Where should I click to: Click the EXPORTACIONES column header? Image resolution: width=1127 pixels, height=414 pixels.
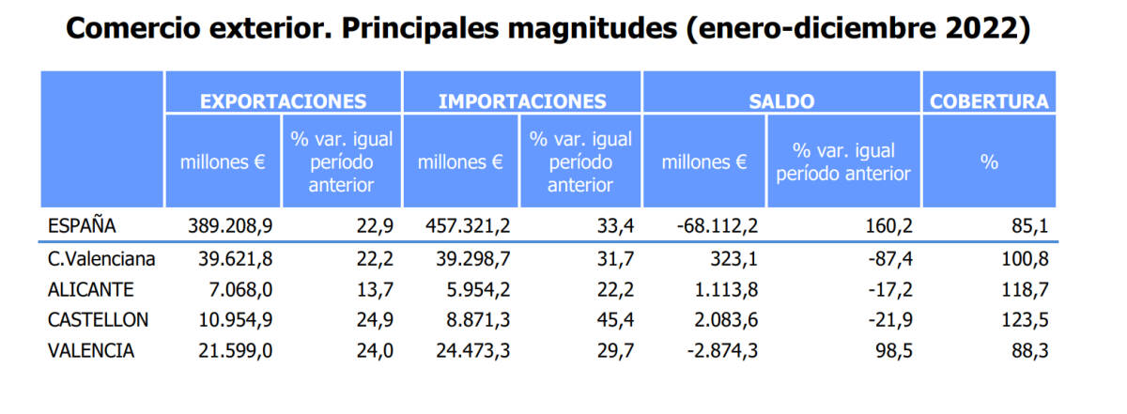pos(283,101)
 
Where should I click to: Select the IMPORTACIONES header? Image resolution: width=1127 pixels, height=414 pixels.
pos(522,101)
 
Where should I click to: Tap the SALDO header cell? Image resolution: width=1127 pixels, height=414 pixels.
pos(781,101)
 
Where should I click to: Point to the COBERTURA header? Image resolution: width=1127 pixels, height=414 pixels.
pos(989,101)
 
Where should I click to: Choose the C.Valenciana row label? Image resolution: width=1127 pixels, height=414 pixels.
pos(101,258)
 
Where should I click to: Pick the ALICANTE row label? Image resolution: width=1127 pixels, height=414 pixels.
pos(91,288)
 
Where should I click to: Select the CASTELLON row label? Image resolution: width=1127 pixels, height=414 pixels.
pos(98,319)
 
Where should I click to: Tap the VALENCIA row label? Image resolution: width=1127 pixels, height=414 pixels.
pos(90,350)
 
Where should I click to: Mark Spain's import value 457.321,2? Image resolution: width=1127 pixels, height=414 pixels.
pos(467,225)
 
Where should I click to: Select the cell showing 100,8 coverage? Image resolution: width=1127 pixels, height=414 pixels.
pos(1027,258)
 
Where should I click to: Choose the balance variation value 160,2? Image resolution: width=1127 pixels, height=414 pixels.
pos(888,225)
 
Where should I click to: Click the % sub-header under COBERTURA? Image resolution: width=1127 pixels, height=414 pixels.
pos(989,161)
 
